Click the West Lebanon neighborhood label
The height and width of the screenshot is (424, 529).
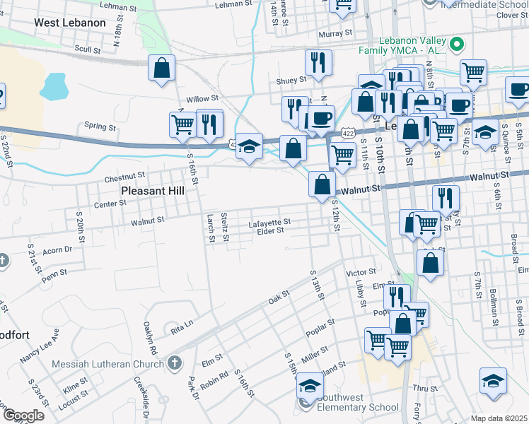[70, 23]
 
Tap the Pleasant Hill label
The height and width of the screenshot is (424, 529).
[153, 191]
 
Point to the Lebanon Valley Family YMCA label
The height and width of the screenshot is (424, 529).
[414, 45]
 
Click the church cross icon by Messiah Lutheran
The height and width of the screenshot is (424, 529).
[175, 363]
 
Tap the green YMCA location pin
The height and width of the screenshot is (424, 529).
[457, 45]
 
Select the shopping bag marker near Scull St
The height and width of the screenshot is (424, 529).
[162, 69]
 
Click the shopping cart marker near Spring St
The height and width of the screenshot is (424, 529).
[183, 124]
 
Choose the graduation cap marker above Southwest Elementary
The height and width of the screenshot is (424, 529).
[310, 386]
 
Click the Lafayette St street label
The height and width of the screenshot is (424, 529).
[269, 222]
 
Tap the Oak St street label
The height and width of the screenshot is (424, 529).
[279, 298]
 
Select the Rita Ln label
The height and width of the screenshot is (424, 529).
[182, 329]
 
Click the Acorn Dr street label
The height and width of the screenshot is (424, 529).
[58, 249]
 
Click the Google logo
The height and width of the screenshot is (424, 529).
[23, 416]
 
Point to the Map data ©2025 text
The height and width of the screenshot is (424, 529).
[498, 418]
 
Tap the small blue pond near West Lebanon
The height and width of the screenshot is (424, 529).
[53, 86]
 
